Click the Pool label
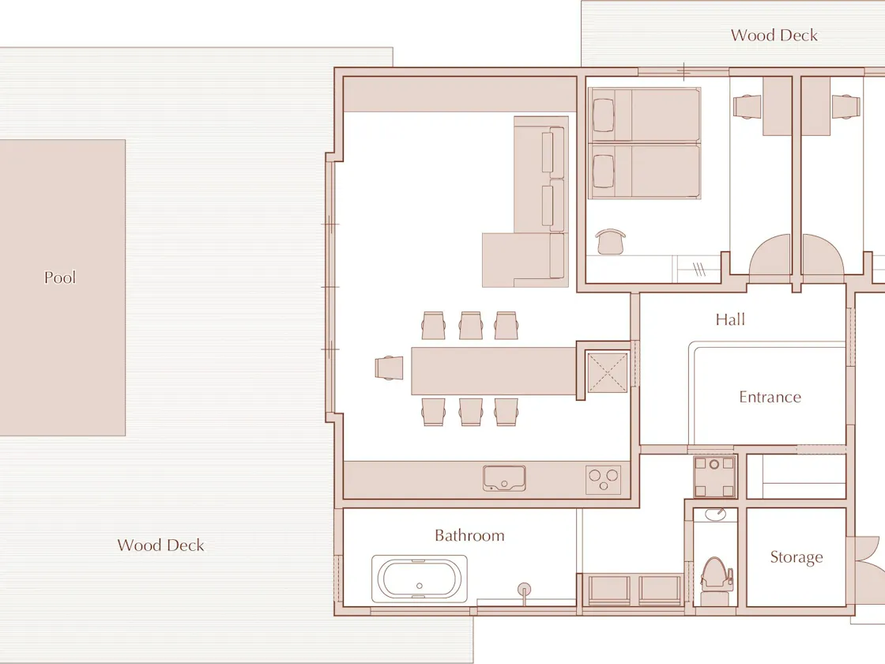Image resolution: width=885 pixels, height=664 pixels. (60, 277)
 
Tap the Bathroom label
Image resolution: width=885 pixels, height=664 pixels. (469, 535)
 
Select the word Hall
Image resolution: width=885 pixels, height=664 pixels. (730, 319)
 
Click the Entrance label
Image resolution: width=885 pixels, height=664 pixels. (770, 397)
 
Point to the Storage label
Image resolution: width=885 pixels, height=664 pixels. (796, 557)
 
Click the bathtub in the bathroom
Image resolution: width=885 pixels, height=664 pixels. (420, 579)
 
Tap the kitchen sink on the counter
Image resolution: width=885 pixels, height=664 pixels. (504, 478)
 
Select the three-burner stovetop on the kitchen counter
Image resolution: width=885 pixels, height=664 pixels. (604, 480)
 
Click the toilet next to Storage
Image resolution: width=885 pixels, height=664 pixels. (716, 580)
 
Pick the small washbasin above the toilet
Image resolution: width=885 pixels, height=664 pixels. (716, 515)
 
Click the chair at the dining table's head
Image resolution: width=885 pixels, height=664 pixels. (389, 368)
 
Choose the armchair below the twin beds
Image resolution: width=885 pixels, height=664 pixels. (610, 242)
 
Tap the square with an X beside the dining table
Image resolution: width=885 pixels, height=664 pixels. (608, 372)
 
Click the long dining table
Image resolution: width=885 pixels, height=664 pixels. (493, 371)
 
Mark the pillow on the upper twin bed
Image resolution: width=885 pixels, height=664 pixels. (604, 115)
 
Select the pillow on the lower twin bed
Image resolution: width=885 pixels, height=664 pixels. (604, 171)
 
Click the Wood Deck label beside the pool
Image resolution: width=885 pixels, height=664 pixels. (161, 545)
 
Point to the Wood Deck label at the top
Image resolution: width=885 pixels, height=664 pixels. (774, 35)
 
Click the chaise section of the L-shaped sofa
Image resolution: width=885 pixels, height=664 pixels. (516, 260)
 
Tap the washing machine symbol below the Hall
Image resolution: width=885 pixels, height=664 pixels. (714, 477)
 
